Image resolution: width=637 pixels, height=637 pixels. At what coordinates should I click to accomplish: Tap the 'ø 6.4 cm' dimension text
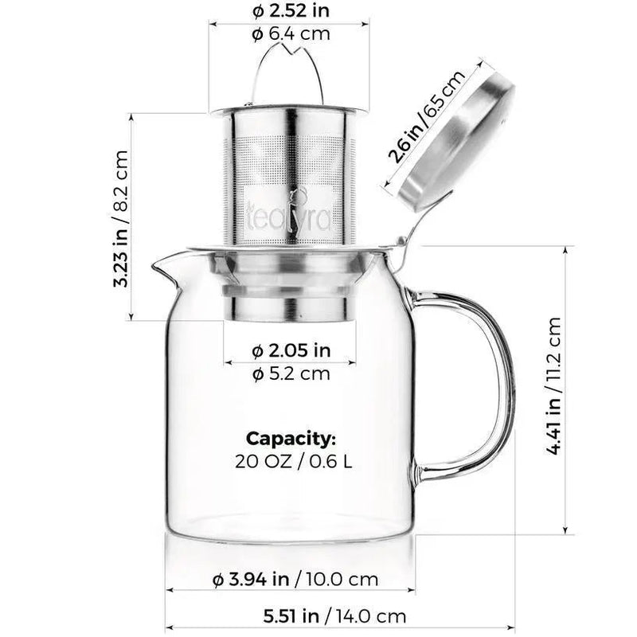(x=290, y=34)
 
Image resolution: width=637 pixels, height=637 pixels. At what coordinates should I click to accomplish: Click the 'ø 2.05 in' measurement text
(x=291, y=350)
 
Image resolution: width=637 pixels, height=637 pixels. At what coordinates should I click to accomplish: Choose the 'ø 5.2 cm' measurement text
(x=291, y=374)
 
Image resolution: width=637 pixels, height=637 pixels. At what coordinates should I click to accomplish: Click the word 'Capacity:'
(x=291, y=438)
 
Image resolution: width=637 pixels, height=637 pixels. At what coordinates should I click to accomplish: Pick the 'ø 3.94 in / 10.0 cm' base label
(x=295, y=580)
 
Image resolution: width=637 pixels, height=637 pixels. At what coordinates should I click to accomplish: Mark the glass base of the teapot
(x=291, y=526)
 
